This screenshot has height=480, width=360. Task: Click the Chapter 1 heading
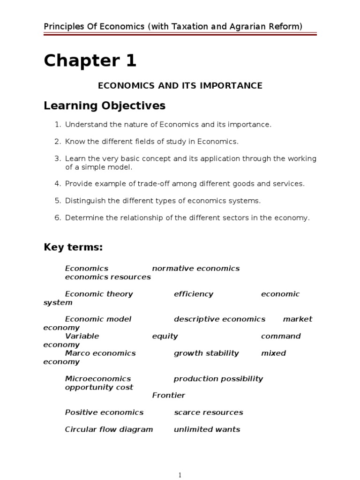[90, 61]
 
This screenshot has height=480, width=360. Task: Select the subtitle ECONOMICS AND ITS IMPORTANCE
[180, 85]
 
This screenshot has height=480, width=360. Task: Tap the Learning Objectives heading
[105, 106]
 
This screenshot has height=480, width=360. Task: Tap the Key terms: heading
[73, 247]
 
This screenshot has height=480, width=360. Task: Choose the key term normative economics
[195, 269]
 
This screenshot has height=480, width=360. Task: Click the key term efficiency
[193, 294]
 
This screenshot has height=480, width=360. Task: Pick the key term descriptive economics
[219, 319]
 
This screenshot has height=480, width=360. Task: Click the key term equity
[165, 336]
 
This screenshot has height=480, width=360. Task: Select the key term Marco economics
[100, 353]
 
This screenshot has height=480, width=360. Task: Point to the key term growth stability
[206, 353]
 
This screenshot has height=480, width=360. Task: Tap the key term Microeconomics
[97, 379]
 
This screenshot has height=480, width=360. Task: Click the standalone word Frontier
[168, 395]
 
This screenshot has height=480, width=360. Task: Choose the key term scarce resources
[208, 412]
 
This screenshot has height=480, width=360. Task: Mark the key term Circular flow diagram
[109, 429]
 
